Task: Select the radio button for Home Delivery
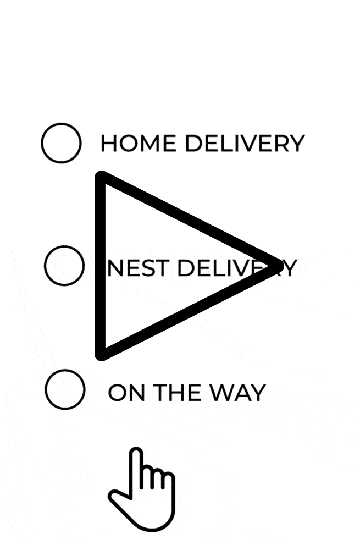[x=62, y=143]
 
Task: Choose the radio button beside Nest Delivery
[x=64, y=266]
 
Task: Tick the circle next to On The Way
[x=65, y=389]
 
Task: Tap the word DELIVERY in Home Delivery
[x=244, y=144]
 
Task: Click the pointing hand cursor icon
[x=143, y=490]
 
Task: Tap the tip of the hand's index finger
[x=136, y=453]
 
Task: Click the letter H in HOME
[x=109, y=144]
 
